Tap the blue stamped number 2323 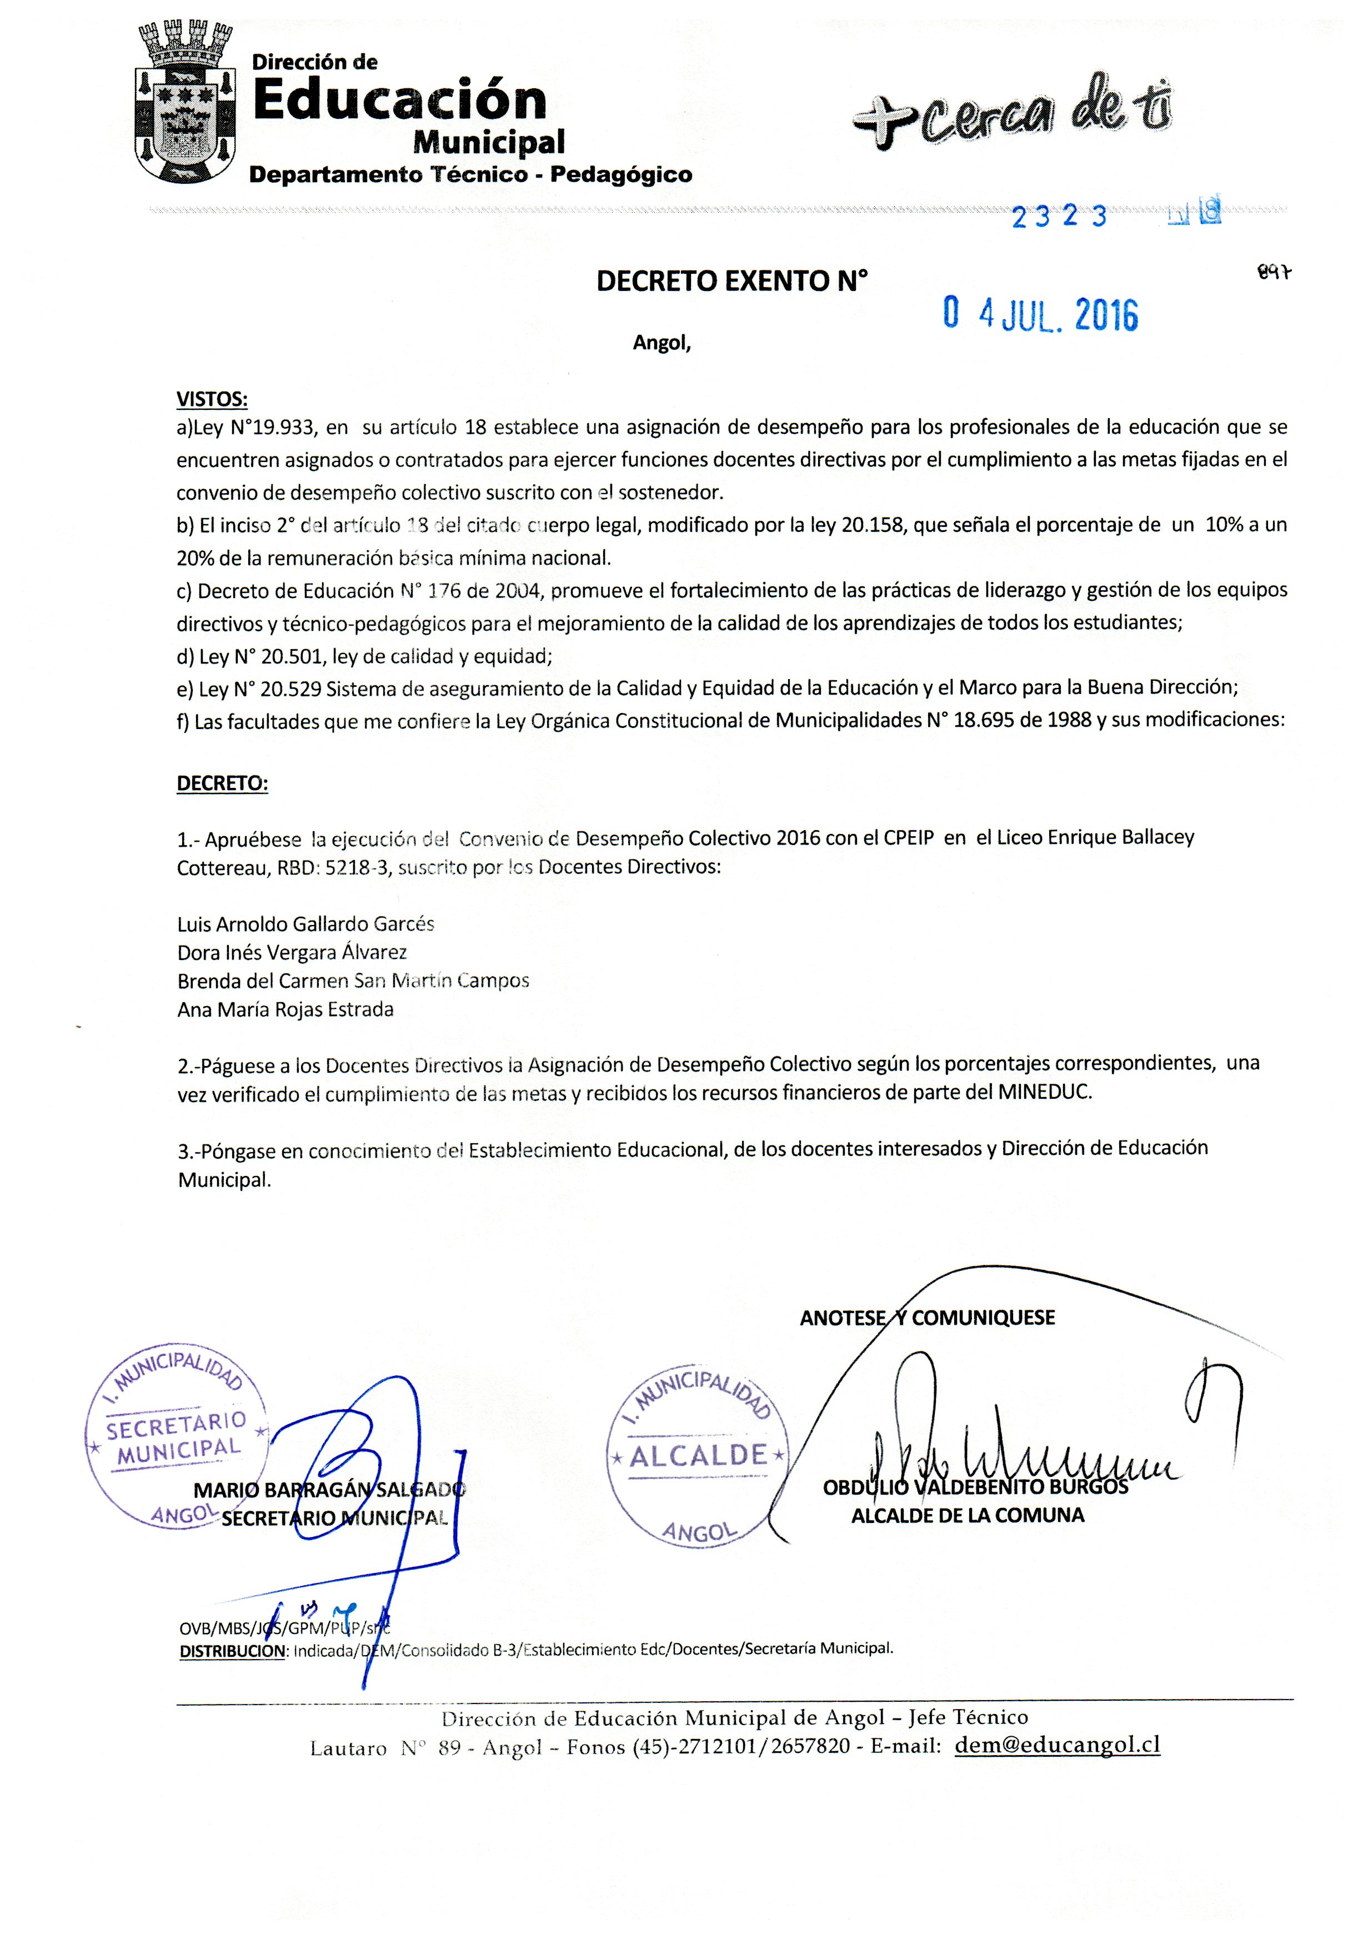(x=1059, y=217)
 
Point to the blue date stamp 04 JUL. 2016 (x=1040, y=315)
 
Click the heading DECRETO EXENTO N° (x=732, y=282)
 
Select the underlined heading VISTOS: (x=211, y=399)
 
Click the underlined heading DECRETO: (x=222, y=783)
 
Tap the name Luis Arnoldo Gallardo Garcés (x=306, y=923)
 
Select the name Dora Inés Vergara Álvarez (x=292, y=952)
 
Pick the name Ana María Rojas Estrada (x=285, y=1009)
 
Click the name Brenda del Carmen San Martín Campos (x=353, y=980)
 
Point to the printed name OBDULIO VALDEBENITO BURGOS (x=975, y=1487)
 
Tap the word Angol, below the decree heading (x=662, y=344)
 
